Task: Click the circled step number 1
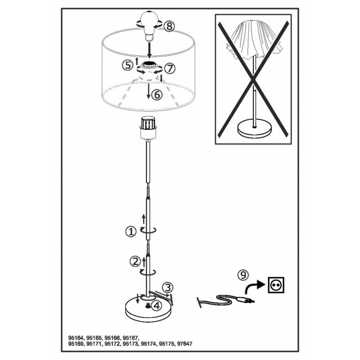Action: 131,232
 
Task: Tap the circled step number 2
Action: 135,261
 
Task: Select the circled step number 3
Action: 168,287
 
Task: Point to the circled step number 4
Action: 157,306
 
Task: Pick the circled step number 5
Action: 127,65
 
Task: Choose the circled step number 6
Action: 157,94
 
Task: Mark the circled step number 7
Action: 170,68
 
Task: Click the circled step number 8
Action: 169,27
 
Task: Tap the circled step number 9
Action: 243,274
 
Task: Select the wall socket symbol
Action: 276,285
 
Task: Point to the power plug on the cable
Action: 245,300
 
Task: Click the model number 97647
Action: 184,344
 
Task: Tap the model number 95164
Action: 76,338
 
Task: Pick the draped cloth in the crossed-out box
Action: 253,41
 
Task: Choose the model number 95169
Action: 76,344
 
